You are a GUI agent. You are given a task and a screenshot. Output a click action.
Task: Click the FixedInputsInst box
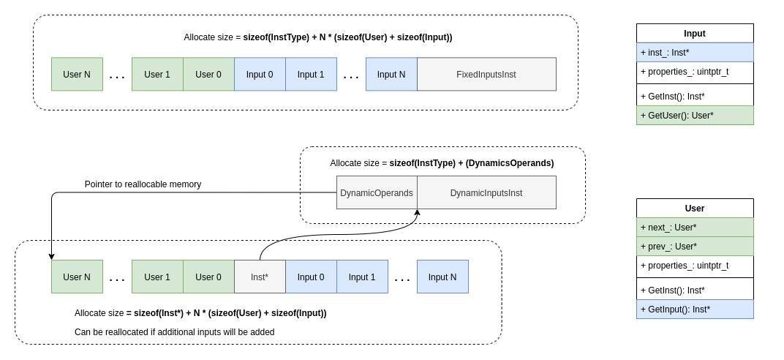[486, 74]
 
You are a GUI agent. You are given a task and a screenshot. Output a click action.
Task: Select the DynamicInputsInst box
[486, 192]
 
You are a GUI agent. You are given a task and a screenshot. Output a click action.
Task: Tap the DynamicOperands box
[377, 192]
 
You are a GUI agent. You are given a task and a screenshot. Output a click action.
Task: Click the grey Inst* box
[260, 277]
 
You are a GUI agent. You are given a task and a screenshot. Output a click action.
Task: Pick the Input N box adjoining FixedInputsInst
[391, 74]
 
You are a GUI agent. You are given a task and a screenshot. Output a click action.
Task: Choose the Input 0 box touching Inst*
[311, 277]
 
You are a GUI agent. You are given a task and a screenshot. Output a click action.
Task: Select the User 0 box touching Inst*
[208, 277]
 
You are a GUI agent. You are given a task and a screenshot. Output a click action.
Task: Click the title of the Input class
[694, 34]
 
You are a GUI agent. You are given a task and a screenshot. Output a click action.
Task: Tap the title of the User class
[694, 209]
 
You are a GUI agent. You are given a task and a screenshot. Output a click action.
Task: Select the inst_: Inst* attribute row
[694, 53]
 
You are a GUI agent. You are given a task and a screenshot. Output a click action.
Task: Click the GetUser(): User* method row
[694, 116]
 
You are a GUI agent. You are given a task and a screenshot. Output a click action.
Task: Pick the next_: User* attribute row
[694, 228]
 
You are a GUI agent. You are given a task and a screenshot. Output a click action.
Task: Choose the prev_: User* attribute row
[694, 247]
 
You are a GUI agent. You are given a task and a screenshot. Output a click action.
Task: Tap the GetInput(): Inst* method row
[694, 310]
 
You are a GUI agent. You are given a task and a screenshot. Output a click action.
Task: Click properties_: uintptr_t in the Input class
[694, 72]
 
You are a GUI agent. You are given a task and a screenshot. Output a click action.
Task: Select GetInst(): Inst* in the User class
[694, 290]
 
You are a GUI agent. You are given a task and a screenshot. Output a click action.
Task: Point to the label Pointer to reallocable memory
[143, 184]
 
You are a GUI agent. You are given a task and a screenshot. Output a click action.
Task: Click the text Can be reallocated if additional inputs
[175, 332]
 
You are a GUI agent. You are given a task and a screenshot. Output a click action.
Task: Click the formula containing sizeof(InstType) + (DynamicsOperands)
[442, 163]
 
